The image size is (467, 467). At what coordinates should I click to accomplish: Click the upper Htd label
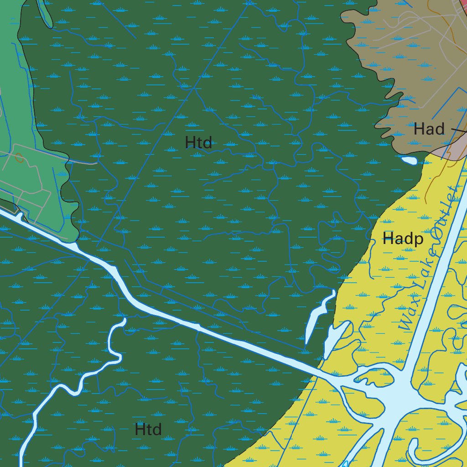click(198, 143)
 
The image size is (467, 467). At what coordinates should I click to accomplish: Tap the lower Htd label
click(148, 429)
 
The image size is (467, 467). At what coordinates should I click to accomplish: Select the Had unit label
click(429, 129)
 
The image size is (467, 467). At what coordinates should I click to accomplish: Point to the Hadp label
click(403, 238)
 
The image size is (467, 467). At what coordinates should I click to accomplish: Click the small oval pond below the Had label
click(409, 160)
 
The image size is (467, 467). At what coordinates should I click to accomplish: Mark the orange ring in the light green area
click(19, 158)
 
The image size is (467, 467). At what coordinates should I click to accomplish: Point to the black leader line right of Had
click(458, 131)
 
